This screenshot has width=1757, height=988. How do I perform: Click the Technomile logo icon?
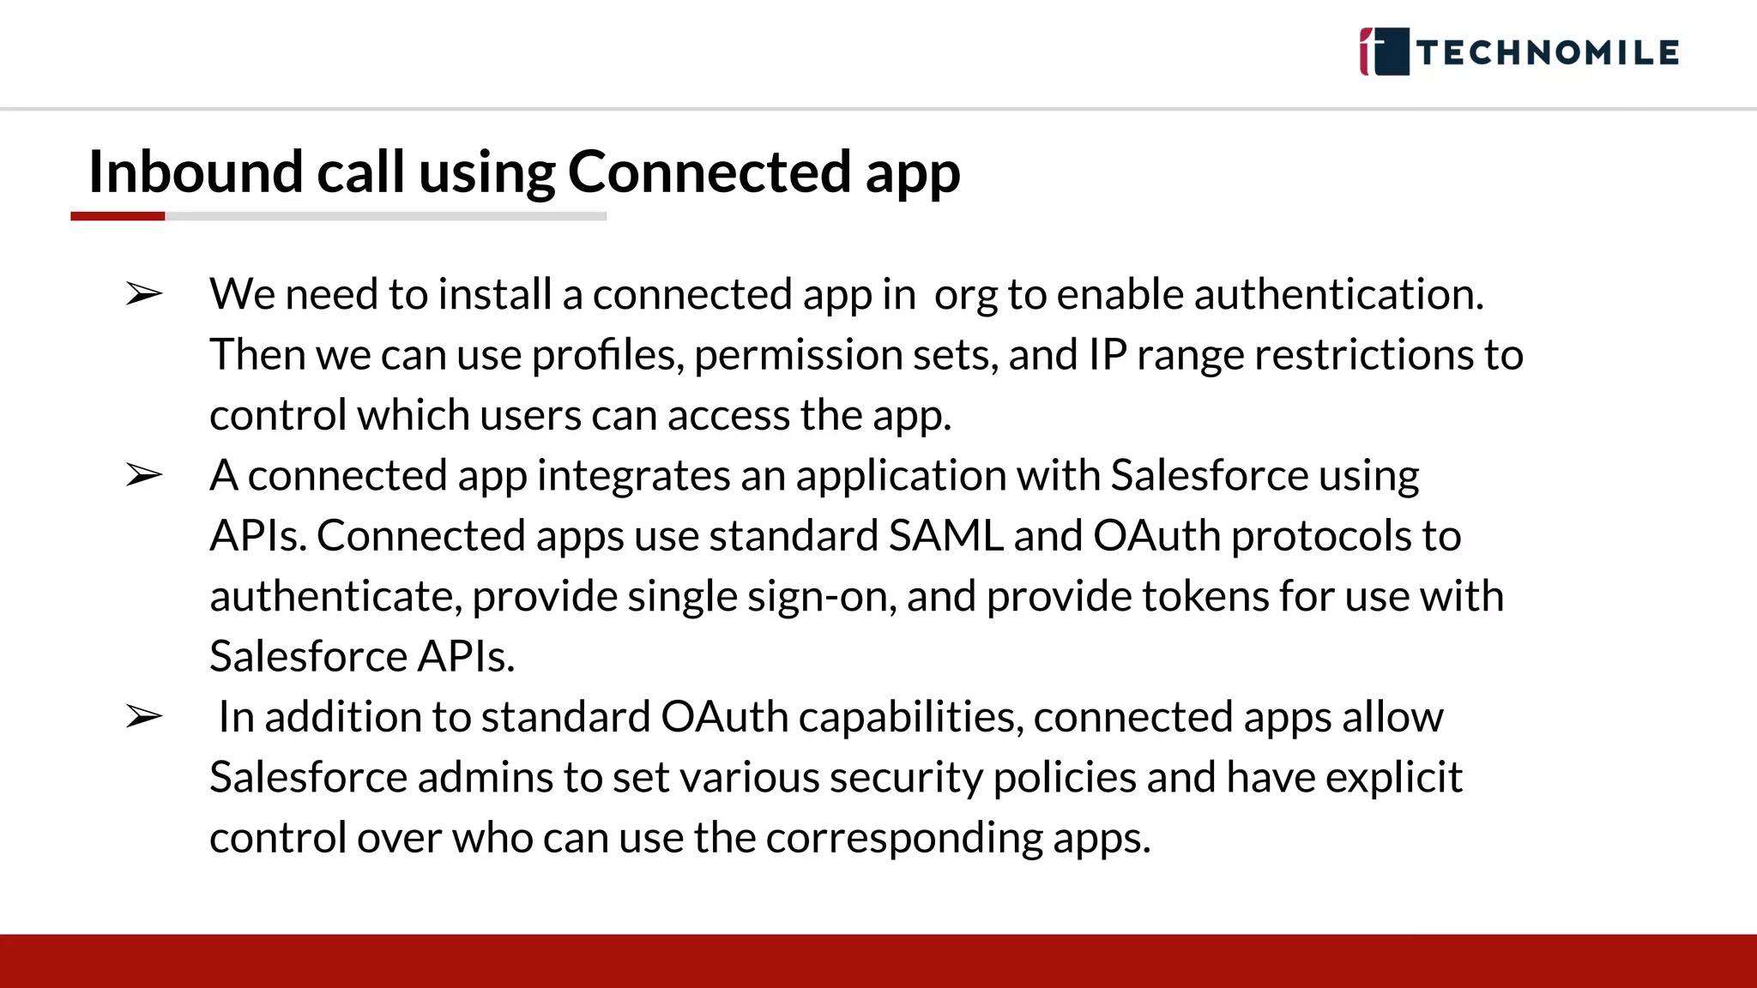[1384, 51]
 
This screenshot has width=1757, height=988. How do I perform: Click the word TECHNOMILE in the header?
[1548, 53]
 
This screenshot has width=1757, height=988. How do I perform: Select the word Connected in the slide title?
[709, 172]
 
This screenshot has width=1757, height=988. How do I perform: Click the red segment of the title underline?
[118, 216]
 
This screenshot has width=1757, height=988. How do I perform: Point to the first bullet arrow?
[143, 294]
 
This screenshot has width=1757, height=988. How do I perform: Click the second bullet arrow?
[143, 474]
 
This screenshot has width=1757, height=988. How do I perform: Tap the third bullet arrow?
[143, 716]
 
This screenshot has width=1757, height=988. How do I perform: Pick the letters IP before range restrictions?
[1107, 355]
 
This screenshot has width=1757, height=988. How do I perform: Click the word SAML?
[945, 536]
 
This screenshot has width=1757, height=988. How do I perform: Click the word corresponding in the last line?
[903, 838]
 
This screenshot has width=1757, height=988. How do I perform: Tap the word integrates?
[633, 475]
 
